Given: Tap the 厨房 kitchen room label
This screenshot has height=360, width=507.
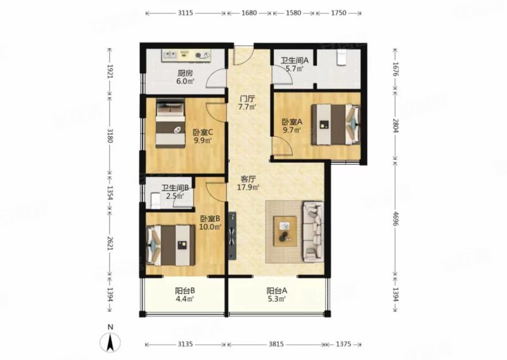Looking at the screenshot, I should pyautogui.click(x=184, y=73).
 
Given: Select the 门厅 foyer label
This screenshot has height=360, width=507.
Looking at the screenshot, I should pyautogui.click(x=247, y=98).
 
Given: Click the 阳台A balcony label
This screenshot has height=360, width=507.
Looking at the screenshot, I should pyautogui.click(x=277, y=292).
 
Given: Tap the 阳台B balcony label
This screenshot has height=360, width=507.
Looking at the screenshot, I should pyautogui.click(x=185, y=292).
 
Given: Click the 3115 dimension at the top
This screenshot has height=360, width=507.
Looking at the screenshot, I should pyautogui.click(x=185, y=12).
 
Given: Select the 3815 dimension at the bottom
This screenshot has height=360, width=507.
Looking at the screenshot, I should pyautogui.click(x=276, y=344).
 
